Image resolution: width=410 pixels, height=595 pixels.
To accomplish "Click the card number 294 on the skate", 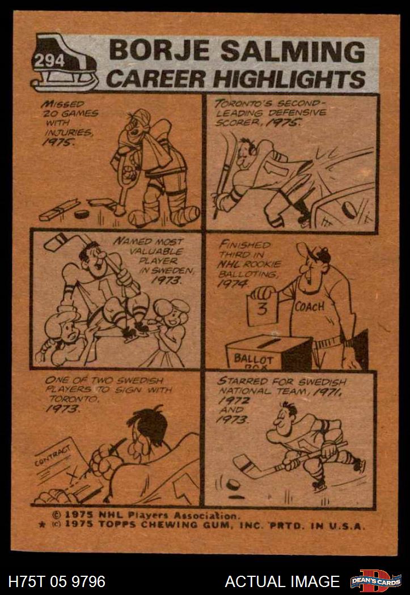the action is point(49,61).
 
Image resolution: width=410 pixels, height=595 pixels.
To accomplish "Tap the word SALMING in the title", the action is point(293,51).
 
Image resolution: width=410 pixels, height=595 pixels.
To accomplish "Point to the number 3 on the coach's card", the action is point(263,309).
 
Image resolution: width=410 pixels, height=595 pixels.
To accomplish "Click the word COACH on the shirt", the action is point(310,306).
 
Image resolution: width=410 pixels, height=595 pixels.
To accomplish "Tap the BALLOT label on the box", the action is point(253,359).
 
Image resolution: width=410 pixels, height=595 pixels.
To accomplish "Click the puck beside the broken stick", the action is point(81,214).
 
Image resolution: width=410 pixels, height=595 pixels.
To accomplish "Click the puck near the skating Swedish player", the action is point(233,484).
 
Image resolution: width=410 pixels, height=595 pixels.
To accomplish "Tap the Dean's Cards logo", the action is point(375,581).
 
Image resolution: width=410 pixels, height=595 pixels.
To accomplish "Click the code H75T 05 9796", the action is point(57,581).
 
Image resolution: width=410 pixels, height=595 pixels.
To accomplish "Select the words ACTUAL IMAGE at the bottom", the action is point(282,581).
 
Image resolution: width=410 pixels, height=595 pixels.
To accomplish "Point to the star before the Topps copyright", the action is point(43,525).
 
